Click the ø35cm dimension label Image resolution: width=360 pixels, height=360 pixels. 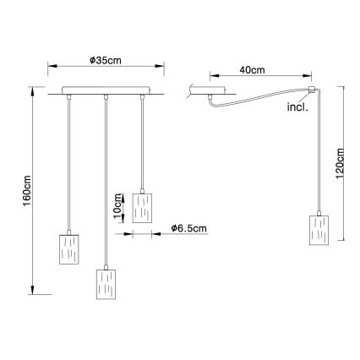point(106,60)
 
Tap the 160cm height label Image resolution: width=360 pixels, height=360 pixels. point(27,191)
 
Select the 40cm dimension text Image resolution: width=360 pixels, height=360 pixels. point(252,69)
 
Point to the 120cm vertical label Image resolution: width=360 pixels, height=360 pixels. point(340,162)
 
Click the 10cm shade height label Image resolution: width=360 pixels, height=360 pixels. point(118,206)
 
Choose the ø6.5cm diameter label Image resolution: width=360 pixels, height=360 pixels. point(188,228)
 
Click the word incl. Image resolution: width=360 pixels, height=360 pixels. point(297,107)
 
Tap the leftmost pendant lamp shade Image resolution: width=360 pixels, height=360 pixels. point(69,249)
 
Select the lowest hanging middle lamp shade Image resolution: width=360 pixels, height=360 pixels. point(106,284)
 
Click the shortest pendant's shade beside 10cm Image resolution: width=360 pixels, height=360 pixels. point(142,208)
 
